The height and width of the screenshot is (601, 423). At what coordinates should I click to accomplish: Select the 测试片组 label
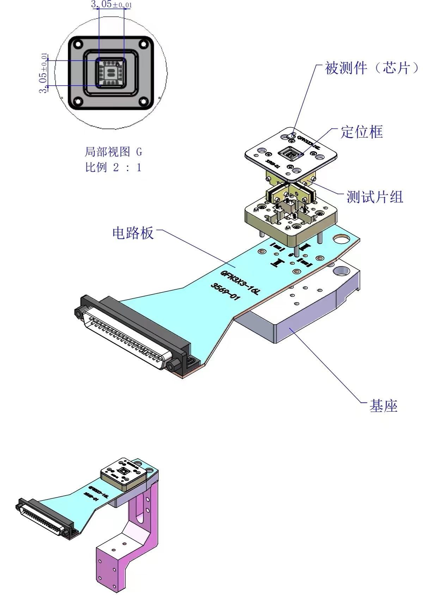[374, 197]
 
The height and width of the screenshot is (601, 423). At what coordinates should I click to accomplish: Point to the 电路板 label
[133, 233]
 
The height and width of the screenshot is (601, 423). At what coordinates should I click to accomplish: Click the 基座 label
[383, 406]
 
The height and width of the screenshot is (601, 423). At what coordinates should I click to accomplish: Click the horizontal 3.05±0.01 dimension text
[111, 5]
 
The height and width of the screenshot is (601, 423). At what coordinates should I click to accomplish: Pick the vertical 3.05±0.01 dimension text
[44, 73]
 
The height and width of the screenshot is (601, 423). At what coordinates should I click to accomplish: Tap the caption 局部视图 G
[113, 152]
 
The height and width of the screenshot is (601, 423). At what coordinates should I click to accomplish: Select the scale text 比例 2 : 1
[113, 167]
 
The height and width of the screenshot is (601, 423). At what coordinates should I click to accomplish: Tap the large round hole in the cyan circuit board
[341, 241]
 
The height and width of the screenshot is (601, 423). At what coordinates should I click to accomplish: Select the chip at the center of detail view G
[111, 73]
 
